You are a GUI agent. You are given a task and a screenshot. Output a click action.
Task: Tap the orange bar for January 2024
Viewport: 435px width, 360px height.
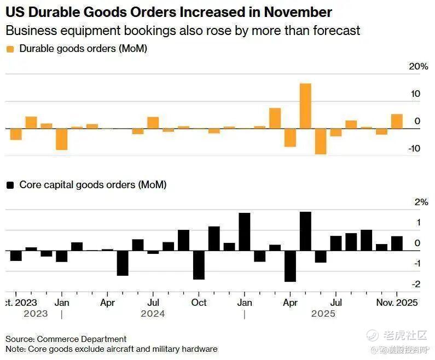61,139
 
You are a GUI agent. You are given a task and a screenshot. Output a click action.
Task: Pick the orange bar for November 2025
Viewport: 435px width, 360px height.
397,121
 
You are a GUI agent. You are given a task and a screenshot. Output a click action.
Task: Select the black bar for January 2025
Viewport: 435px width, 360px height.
245,231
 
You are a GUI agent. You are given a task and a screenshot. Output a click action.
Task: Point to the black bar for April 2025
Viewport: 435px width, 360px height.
290,266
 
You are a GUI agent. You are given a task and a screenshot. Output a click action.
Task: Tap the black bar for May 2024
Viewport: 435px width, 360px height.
123,263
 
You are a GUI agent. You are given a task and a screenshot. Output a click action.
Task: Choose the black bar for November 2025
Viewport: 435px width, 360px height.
397,243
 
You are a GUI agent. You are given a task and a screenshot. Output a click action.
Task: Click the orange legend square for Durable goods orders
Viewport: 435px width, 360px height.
10,49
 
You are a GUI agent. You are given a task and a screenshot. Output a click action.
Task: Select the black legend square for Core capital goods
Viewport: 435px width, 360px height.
10,185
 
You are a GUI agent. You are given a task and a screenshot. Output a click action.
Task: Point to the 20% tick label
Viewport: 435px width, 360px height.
418,67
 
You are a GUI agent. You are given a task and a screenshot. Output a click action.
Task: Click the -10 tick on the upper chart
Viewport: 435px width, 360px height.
414,148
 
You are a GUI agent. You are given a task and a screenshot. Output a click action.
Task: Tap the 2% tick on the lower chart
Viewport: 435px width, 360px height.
421,202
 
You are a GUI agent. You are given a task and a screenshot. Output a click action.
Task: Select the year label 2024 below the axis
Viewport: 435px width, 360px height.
153,314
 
